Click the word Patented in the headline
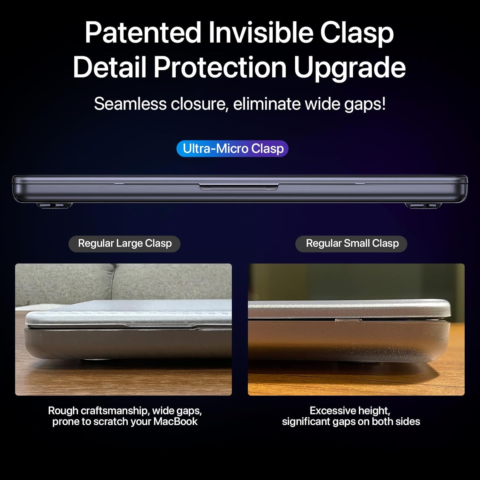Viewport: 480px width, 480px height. [143, 33]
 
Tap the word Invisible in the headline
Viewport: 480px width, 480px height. [260, 33]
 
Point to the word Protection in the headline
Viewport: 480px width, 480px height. [220, 67]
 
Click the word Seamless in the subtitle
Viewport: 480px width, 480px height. [130, 104]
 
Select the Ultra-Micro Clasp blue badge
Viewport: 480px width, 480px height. [233, 149]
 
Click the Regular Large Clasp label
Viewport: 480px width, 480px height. [124, 244]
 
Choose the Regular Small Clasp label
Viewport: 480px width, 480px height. [351, 244]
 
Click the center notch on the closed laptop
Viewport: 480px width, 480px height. [239, 187]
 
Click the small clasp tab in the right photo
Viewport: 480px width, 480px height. [348, 320]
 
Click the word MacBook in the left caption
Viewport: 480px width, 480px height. [175, 421]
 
